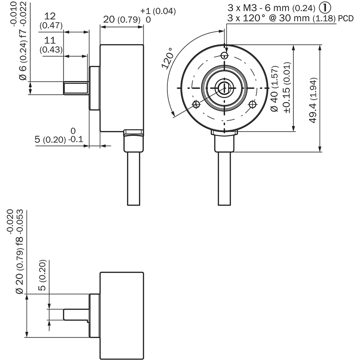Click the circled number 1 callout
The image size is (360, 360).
(325, 8)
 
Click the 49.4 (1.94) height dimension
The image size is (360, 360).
(313, 100)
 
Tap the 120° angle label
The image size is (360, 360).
(168, 58)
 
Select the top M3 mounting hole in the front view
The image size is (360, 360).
(224, 55)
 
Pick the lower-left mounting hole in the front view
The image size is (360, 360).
(196, 104)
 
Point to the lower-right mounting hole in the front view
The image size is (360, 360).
(252, 104)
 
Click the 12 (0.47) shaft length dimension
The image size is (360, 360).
(51, 21)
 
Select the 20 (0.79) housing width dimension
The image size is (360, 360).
(121, 19)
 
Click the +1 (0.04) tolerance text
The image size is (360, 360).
(158, 11)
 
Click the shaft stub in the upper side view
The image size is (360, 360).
(76, 88)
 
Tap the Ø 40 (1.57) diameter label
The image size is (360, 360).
(274, 89)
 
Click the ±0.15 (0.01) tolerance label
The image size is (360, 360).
(287, 88)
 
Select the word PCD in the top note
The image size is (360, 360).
(346, 18)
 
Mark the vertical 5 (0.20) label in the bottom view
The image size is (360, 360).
(42, 275)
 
